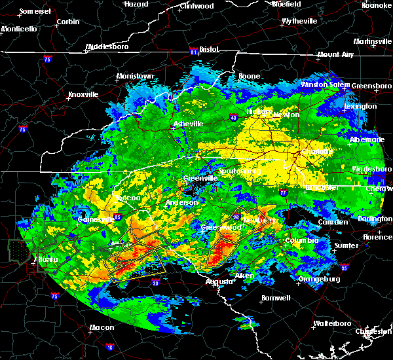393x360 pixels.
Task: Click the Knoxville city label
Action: [x=83, y=94]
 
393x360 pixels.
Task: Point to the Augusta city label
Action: [x=218, y=281]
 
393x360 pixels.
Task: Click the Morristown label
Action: [x=135, y=77]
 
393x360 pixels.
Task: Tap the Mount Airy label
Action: [x=336, y=55]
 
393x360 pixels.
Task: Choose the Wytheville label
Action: [x=299, y=22]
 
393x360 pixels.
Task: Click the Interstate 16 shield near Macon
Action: [x=109, y=347]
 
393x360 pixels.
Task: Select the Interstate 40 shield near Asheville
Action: [x=234, y=118]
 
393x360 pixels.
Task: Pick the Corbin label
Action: [x=68, y=22]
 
